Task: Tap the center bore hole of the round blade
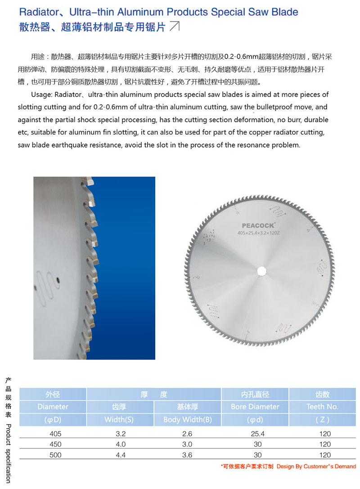coord(261,271)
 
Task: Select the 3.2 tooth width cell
coord(120,434)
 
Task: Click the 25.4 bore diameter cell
coord(255,434)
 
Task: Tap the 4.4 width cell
coord(120,455)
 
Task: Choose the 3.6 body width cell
coord(188,455)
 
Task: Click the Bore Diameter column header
coord(255,407)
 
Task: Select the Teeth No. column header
coord(322,407)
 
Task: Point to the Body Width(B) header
coord(188,420)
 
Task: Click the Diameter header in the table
coord(53,407)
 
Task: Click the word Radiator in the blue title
coord(37,12)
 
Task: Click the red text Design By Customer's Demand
coord(316,467)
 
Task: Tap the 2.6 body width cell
coord(188,434)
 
